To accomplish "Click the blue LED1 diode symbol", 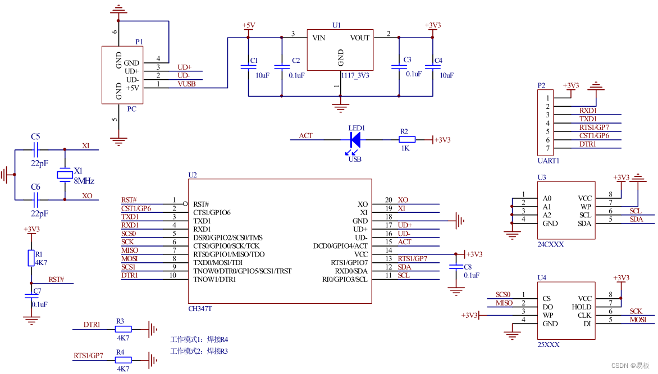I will pyautogui.click(x=355, y=139).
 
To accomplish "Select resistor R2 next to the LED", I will pyautogui.click(x=407, y=139).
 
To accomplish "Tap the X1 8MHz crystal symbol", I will pyautogui.click(x=65, y=175).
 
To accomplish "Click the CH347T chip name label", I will pyautogui.click(x=200, y=309).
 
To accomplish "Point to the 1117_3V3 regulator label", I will pyautogui.click(x=355, y=75).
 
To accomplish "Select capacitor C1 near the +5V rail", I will pyautogui.click(x=248, y=67).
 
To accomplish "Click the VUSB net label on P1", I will pyautogui.click(x=186, y=84).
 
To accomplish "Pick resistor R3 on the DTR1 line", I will pyautogui.click(x=123, y=330).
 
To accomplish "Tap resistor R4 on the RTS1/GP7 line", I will pyautogui.click(x=123, y=360).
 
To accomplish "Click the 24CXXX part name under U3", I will pyautogui.click(x=550, y=245).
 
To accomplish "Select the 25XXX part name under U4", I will pyautogui.click(x=548, y=345).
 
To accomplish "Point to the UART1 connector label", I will pyautogui.click(x=548, y=161).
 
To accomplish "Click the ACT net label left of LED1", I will pyautogui.click(x=305, y=136).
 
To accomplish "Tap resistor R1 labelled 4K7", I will pyautogui.click(x=31, y=258).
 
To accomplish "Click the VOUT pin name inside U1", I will pyautogui.click(x=360, y=38).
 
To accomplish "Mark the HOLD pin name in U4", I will pyautogui.click(x=582, y=307).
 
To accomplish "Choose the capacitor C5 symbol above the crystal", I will pyautogui.click(x=36, y=150).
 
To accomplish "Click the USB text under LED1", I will pyautogui.click(x=354, y=159).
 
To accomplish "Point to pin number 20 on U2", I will pyautogui.click(x=389, y=200).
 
